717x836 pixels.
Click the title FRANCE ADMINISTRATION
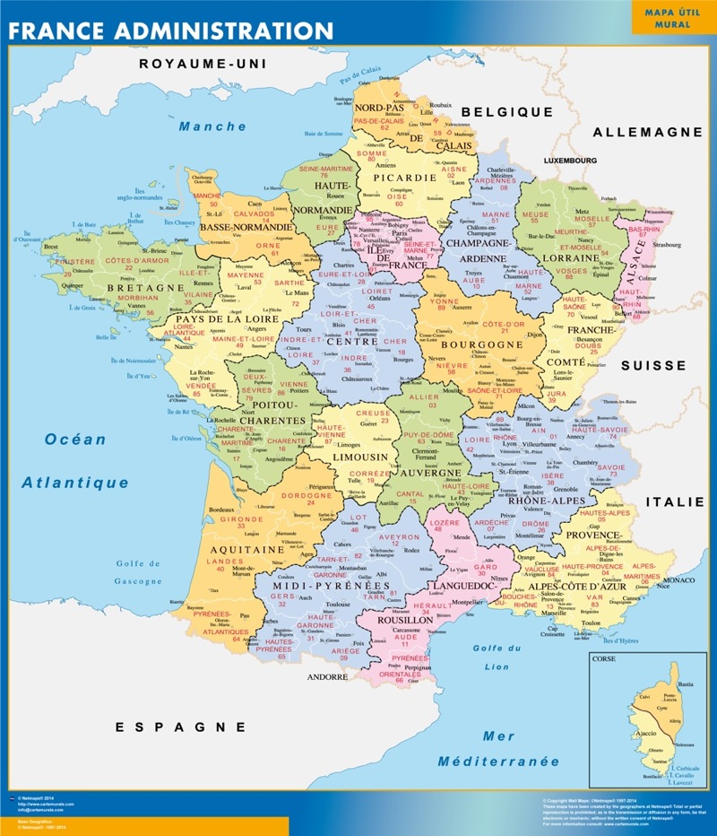(170, 30)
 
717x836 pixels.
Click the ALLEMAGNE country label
(647, 132)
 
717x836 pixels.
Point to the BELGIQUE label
(506, 112)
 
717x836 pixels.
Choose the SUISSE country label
(653, 366)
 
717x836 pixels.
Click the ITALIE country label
(675, 502)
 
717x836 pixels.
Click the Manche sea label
(212, 126)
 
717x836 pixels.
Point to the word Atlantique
(75, 483)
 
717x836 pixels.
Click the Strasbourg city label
(668, 244)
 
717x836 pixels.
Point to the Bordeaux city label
(221, 509)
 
